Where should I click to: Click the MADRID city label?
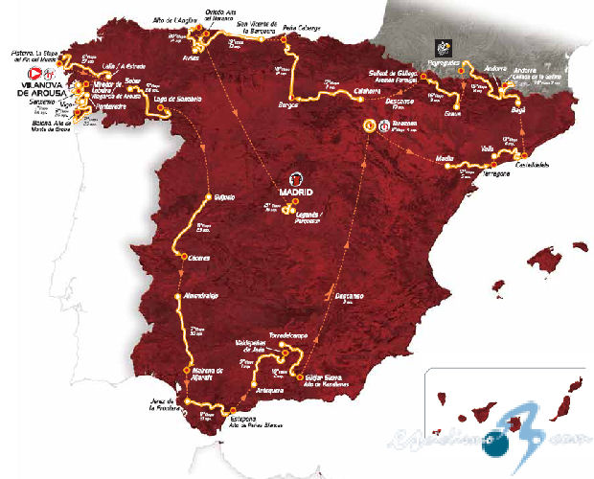[296, 191]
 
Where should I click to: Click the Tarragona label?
[488, 172]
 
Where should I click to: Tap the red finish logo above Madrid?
[296, 177]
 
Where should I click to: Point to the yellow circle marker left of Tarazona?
[366, 125]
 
